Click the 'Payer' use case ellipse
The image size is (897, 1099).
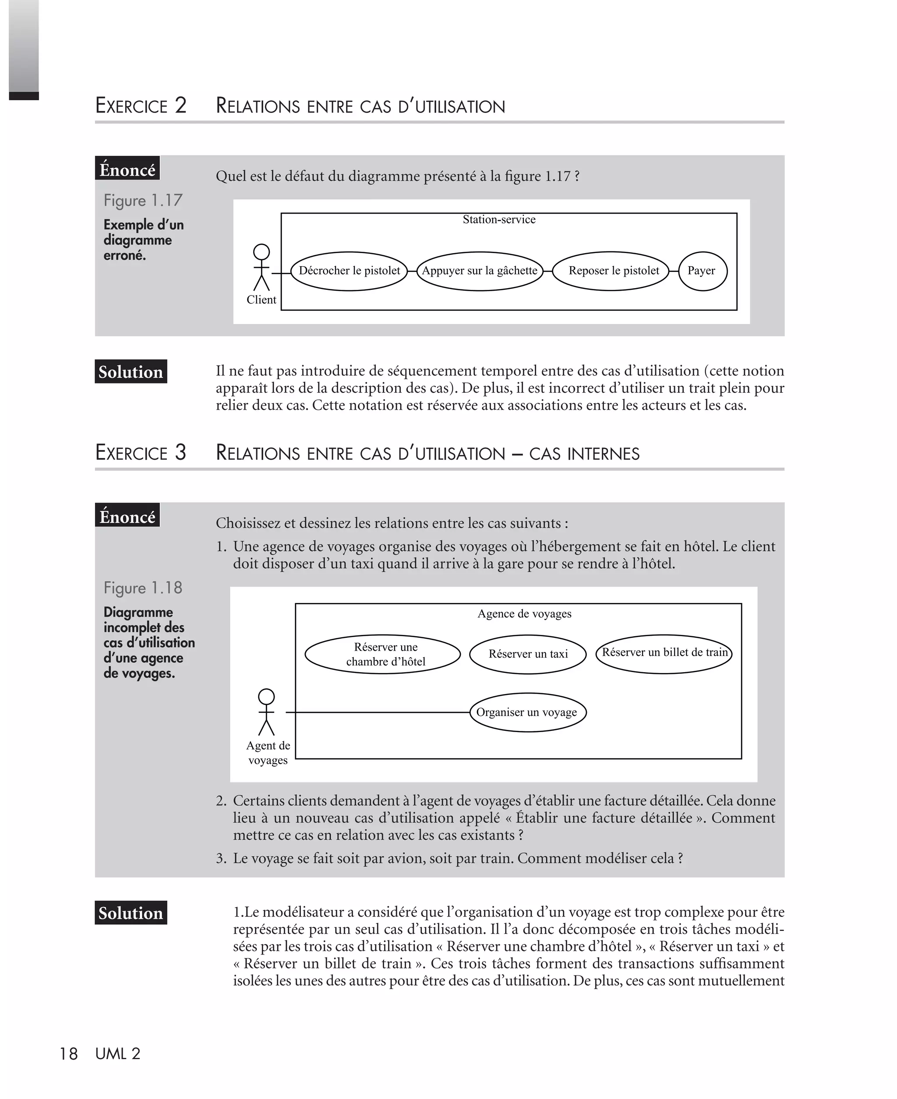click(702, 271)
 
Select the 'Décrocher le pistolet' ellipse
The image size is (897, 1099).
click(349, 271)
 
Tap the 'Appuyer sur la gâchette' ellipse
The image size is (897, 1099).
click(480, 271)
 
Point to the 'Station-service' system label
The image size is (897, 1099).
click(498, 219)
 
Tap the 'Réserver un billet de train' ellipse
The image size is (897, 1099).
click(664, 653)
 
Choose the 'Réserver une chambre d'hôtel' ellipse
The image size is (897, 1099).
click(382, 654)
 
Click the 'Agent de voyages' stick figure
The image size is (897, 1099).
click(266, 712)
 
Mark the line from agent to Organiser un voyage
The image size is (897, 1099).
click(377, 712)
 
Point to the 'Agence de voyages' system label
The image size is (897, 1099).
click(524, 613)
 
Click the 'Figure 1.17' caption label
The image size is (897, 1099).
click(143, 201)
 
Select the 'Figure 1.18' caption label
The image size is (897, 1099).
click(143, 588)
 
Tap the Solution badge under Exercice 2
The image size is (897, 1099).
click(131, 372)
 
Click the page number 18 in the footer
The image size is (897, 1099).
click(69, 1054)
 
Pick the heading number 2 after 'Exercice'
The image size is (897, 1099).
click(180, 106)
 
